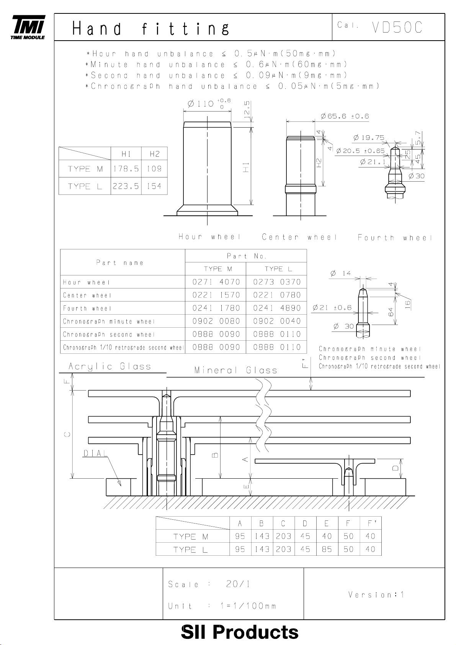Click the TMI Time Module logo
(28, 27)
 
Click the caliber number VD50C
(397, 27)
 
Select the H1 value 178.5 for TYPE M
(126, 169)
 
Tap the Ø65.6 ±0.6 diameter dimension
(345, 116)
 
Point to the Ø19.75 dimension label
(369, 137)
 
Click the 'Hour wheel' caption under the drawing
(209, 237)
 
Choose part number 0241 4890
(277, 308)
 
